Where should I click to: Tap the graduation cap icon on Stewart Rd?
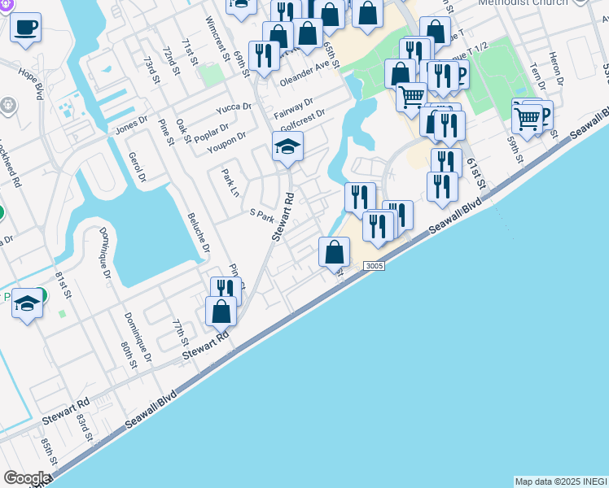point(287,148)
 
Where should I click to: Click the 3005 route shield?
point(374,266)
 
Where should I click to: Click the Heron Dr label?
point(556,69)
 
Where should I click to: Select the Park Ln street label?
point(230,182)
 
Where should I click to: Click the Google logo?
point(27,478)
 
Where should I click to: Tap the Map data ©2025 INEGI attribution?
point(561,481)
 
